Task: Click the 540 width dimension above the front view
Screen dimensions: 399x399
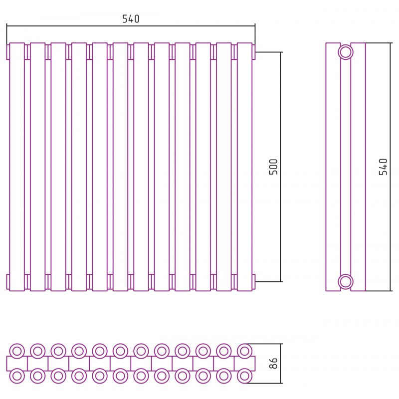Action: coord(131,19)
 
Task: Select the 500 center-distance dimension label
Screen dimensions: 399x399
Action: coord(273,167)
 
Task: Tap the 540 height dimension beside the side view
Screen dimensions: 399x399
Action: coord(383,167)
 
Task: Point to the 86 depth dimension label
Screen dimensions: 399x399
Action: coord(273,363)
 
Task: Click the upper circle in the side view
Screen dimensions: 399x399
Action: coord(346,52)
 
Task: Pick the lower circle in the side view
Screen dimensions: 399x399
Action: coord(346,282)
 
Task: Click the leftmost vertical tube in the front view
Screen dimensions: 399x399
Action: coord(17,167)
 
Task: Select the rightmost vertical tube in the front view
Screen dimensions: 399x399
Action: coord(244,167)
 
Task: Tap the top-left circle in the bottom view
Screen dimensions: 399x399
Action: coord(17,351)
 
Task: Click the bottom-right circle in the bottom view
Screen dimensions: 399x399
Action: coord(244,376)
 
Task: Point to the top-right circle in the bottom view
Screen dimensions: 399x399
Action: coord(244,351)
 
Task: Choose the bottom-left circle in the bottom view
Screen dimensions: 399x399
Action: coord(17,376)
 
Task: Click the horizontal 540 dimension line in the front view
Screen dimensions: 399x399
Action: coord(131,26)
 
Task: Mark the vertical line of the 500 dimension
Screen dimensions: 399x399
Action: coord(281,167)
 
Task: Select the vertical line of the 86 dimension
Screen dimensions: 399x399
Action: coord(281,364)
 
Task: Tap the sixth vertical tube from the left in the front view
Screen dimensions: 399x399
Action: coord(120,167)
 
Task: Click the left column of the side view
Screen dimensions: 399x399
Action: coord(333,167)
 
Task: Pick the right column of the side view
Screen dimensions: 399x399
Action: coord(358,167)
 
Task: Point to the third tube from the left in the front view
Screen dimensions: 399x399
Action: coord(58,167)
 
